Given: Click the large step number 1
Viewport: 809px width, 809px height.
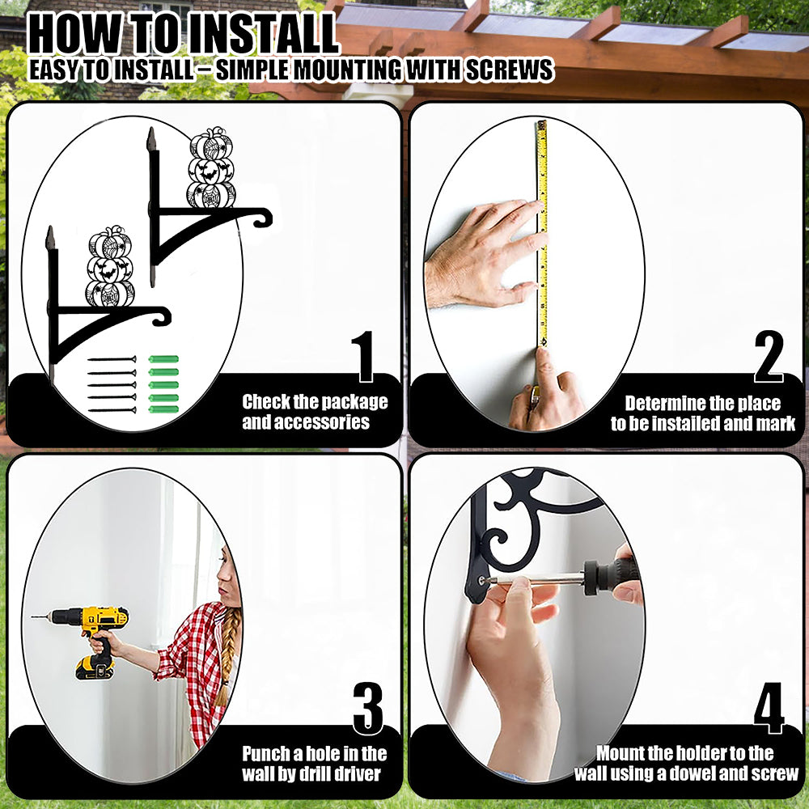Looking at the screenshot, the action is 365,357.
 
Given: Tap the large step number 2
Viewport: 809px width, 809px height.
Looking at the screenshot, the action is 769,357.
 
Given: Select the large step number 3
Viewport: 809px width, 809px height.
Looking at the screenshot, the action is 368,709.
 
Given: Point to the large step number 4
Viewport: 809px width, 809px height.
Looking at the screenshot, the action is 769,709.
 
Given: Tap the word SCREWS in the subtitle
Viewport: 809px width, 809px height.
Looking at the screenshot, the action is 510,70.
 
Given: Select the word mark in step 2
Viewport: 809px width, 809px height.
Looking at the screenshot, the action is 776,424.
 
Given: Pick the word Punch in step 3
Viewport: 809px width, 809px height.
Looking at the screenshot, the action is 265,754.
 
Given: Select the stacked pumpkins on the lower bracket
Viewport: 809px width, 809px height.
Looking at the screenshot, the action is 109,267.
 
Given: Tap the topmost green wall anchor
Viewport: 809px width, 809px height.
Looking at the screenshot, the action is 163,359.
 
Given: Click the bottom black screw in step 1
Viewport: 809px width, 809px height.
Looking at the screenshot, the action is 112,410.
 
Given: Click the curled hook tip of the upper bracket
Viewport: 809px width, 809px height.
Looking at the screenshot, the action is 265,218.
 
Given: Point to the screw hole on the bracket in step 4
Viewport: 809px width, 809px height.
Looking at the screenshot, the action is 482,580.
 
